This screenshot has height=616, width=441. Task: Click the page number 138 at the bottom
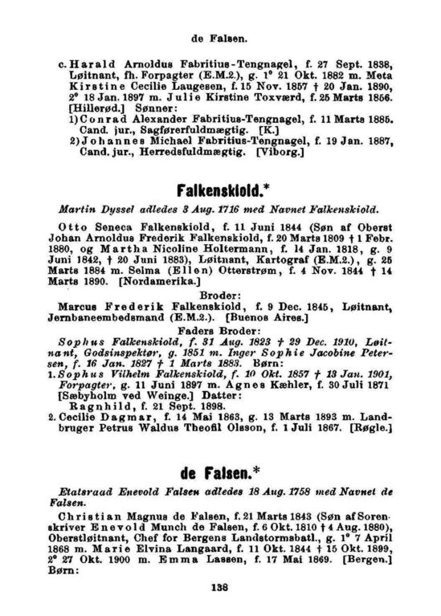click(x=220, y=589)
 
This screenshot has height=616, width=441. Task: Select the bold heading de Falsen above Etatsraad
click(x=220, y=469)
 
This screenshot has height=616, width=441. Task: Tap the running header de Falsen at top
click(x=219, y=36)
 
